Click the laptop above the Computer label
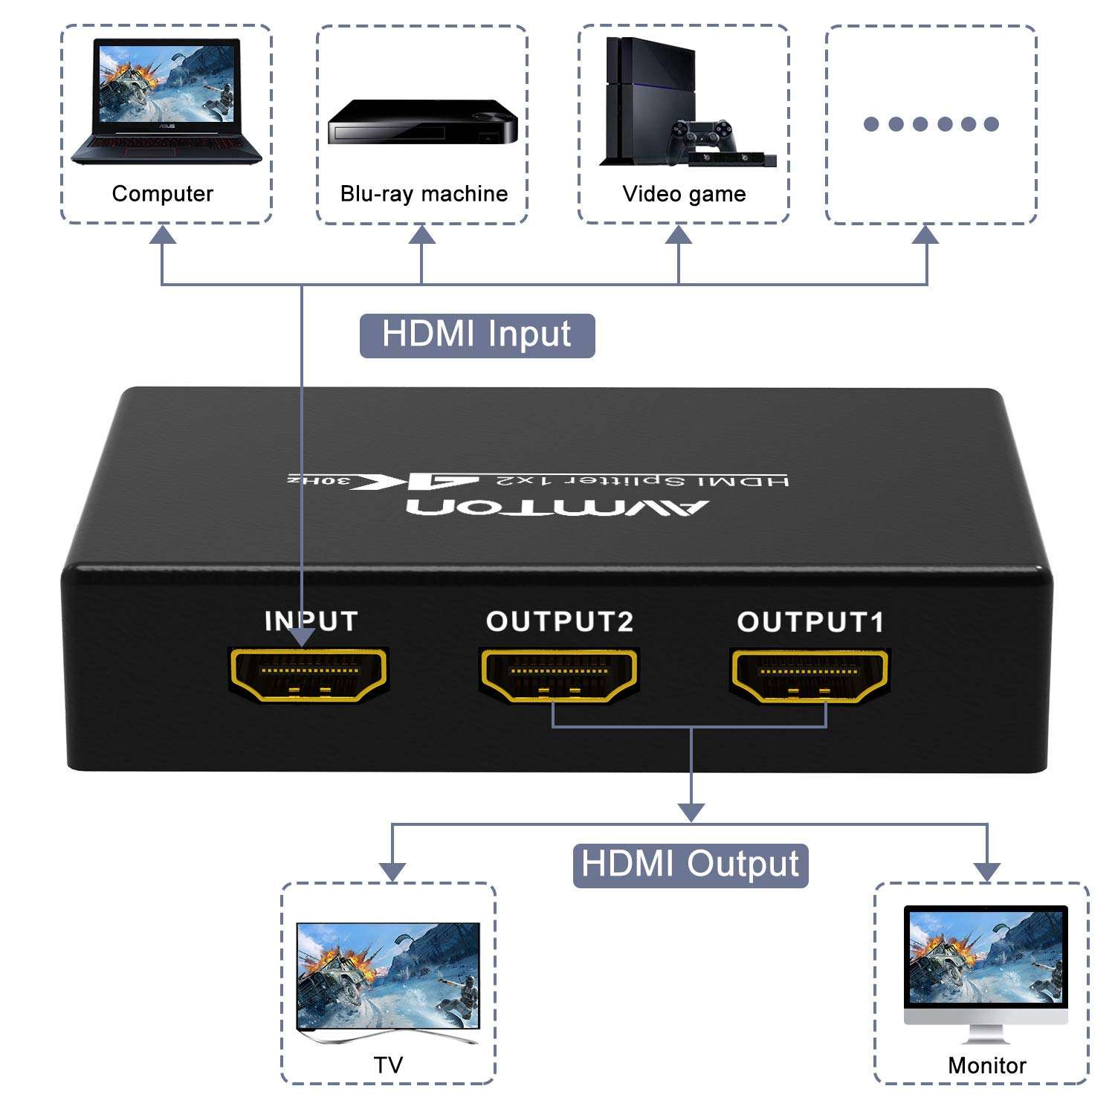point(167,103)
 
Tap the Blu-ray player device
point(422,123)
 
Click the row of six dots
point(931,124)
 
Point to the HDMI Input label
point(476,335)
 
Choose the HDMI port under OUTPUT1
point(809,675)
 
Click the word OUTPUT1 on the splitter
point(810,622)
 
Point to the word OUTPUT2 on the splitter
point(560,621)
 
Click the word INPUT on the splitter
point(311,621)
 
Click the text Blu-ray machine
point(424,194)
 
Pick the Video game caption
point(684,194)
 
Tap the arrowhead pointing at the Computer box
point(162,236)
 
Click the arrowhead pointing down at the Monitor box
point(986,871)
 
